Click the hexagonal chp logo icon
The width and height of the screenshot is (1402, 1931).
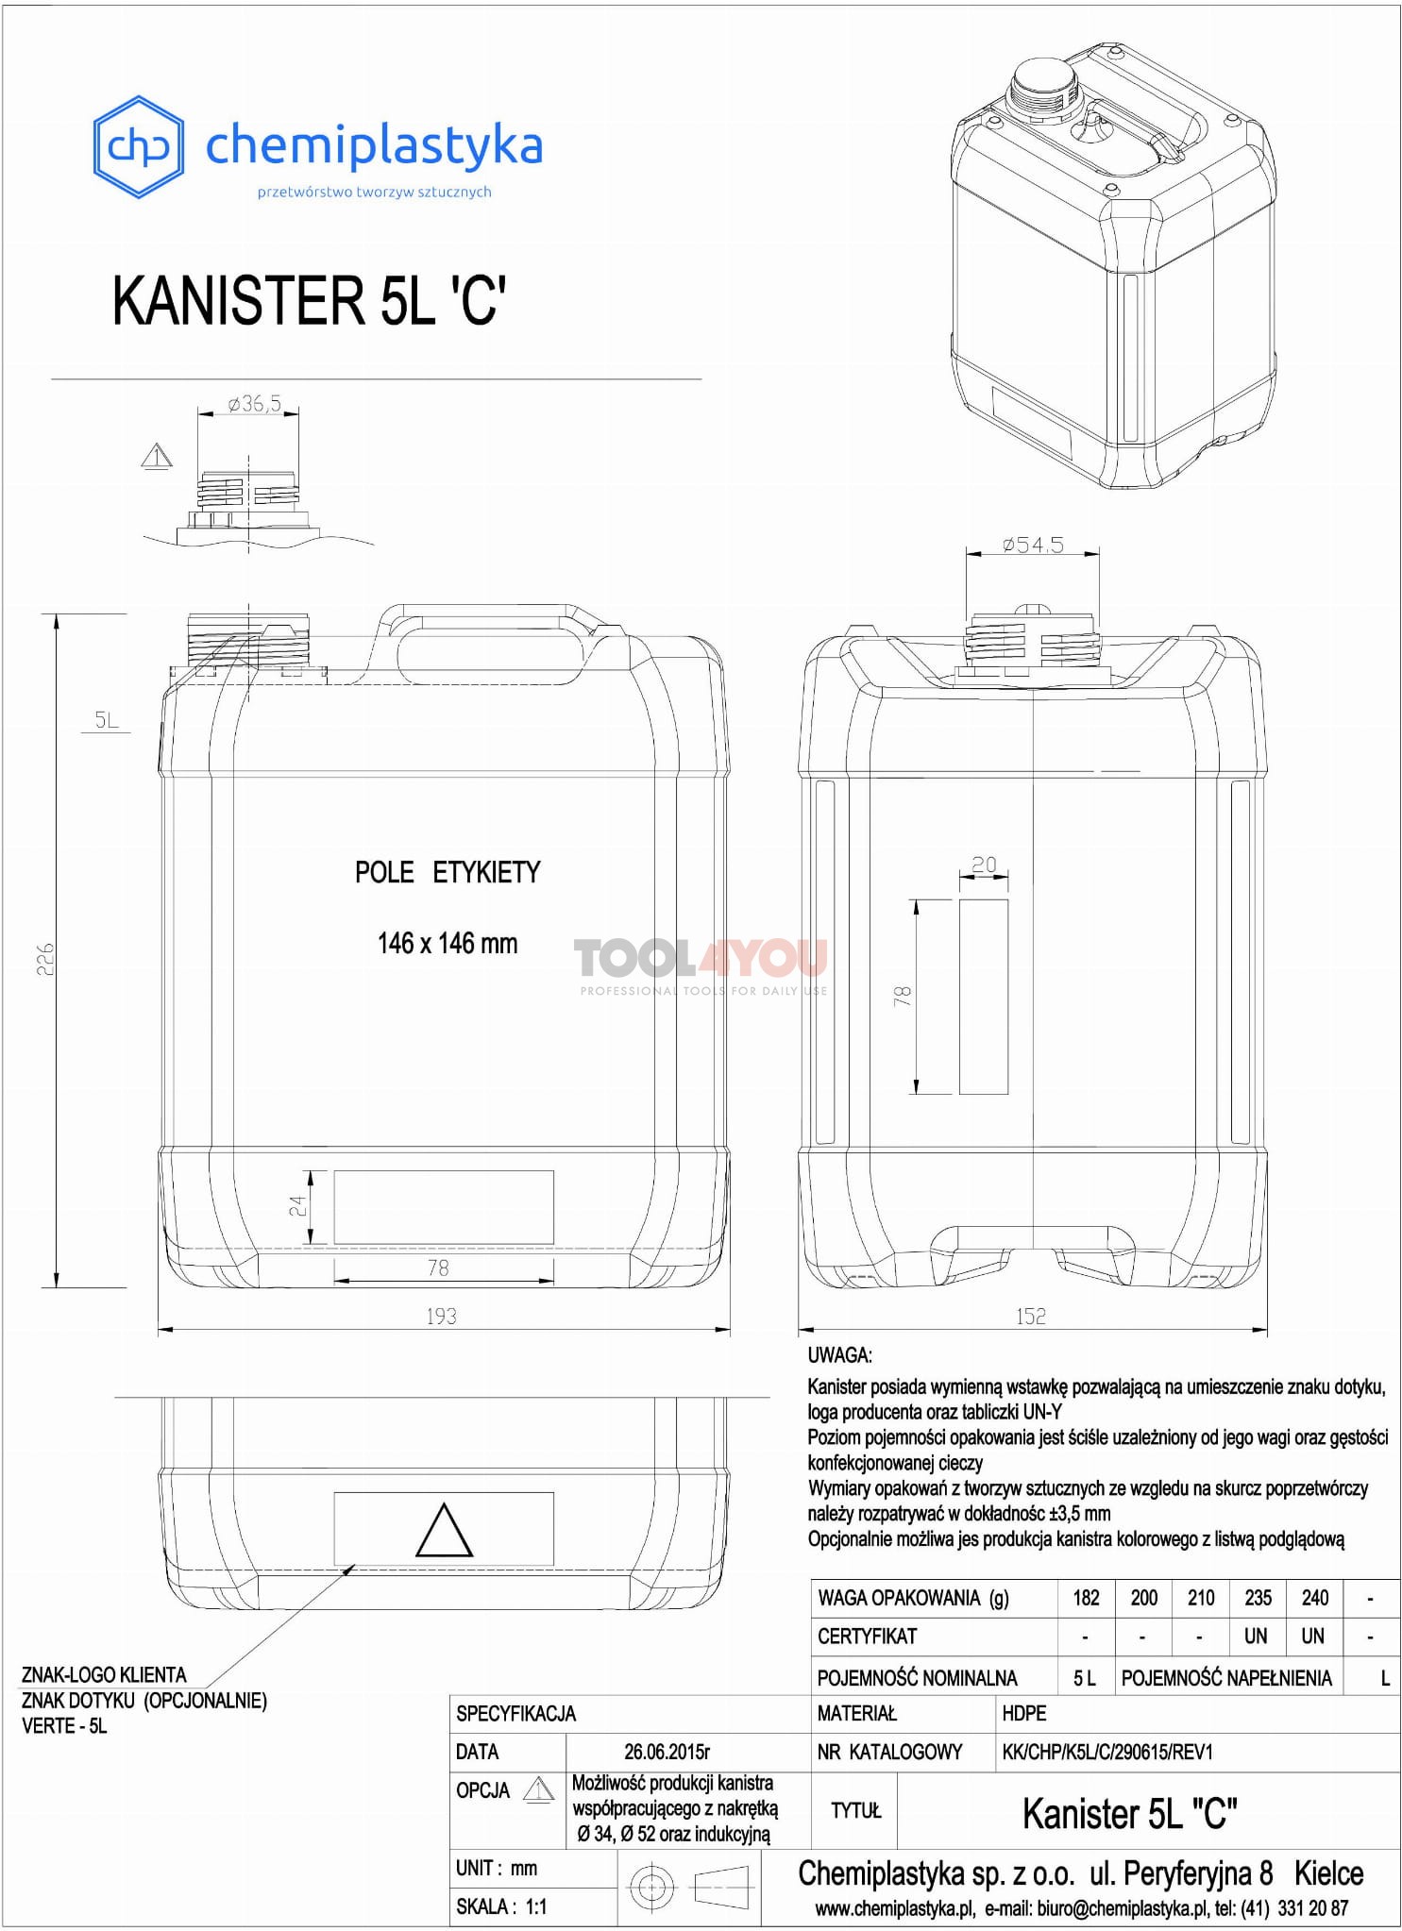tap(138, 146)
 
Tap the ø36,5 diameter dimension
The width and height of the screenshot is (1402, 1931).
tap(254, 404)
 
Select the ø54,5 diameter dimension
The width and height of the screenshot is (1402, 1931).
tap(1033, 545)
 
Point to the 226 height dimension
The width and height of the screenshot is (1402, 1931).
tap(44, 958)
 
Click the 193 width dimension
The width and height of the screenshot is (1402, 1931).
tap(441, 1316)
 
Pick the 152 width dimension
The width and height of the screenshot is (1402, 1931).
tap(1031, 1316)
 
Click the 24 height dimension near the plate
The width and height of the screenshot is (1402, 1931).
tap(297, 1206)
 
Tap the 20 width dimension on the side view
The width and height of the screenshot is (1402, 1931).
tap(984, 865)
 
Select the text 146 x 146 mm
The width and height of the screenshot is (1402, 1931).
tap(448, 943)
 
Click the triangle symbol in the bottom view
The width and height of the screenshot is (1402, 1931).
tap(444, 1531)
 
